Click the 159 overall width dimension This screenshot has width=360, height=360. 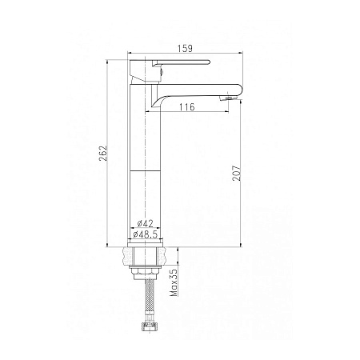tap(185, 49)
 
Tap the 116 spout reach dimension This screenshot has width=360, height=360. tap(186, 107)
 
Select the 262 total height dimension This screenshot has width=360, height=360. tap(103, 153)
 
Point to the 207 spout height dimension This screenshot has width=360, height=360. tap(237, 173)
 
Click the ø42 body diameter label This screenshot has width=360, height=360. tap(146, 223)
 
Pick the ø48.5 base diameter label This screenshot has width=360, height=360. tap(146, 234)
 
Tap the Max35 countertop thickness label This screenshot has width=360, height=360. tap(174, 282)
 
